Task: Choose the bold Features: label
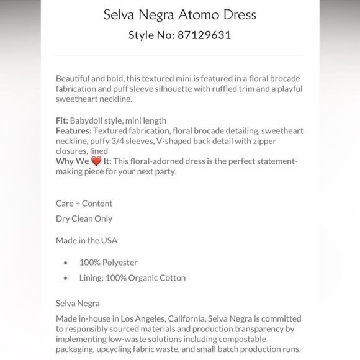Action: tap(73, 130)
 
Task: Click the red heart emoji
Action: tap(96, 161)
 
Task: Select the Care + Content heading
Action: tap(84, 203)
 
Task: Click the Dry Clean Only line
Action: tap(84, 218)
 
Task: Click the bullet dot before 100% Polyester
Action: tap(65, 263)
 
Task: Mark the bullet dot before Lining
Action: tap(65, 278)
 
